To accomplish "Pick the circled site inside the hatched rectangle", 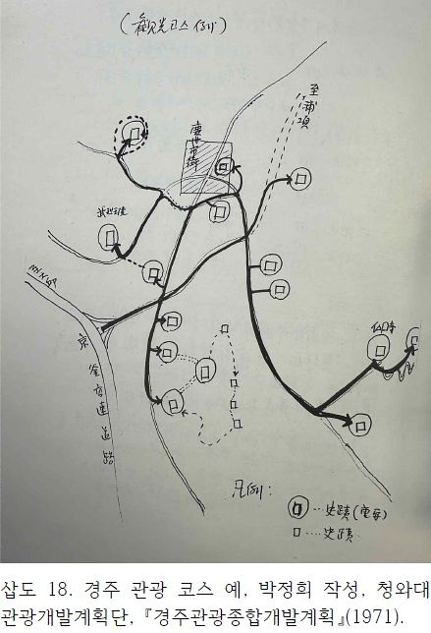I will tap(223, 168).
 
